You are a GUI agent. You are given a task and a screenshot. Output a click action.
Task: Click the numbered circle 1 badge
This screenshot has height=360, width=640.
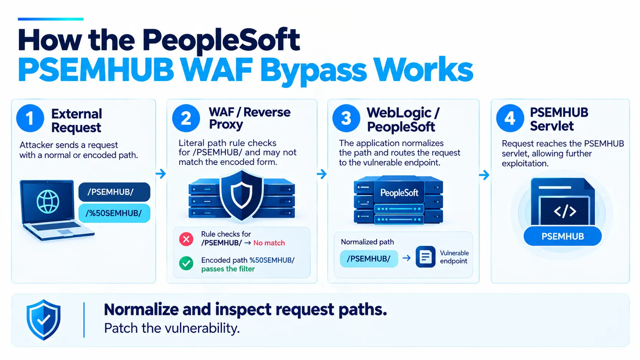tap(30, 118)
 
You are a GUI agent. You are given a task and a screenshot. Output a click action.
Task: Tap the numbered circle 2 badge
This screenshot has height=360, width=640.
tap(186, 118)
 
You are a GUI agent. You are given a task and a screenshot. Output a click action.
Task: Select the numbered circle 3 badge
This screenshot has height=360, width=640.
tap(346, 118)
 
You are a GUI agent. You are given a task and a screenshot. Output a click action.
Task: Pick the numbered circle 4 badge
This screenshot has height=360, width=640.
tap(510, 118)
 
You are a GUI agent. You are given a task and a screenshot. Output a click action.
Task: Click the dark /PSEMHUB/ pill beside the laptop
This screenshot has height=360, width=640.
tap(114, 192)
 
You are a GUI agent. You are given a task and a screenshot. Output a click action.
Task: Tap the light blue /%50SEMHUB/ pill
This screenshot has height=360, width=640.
tap(114, 213)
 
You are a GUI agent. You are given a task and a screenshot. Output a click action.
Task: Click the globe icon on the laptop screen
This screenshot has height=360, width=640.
tap(48, 202)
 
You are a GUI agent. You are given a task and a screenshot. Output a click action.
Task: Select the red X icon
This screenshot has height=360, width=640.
tap(186, 239)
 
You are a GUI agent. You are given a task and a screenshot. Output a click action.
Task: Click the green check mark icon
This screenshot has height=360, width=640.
tap(186, 264)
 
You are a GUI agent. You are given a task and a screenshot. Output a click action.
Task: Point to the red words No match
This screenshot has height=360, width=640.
tap(269, 243)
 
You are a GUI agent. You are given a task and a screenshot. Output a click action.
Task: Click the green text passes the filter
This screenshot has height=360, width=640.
tap(228, 269)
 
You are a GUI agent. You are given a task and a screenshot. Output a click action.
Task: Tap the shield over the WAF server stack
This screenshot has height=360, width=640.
tap(242, 195)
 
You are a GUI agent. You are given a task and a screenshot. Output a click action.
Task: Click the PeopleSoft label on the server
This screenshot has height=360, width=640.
tap(399, 193)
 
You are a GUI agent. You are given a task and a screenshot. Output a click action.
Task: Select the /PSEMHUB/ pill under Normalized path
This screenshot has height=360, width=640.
tap(369, 259)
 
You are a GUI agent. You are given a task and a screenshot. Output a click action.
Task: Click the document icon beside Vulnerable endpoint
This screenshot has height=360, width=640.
tap(425, 257)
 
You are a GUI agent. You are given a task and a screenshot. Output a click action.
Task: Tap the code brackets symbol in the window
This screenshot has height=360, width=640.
tap(565, 211)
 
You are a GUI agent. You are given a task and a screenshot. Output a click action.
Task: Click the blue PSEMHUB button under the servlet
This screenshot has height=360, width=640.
tap(563, 236)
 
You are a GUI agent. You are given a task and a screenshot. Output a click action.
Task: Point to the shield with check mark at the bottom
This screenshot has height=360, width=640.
tap(43, 320)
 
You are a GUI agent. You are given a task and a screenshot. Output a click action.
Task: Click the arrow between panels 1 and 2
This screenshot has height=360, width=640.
tap(161, 174)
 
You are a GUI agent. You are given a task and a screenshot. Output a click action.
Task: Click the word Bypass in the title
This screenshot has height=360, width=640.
tap(313, 71)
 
